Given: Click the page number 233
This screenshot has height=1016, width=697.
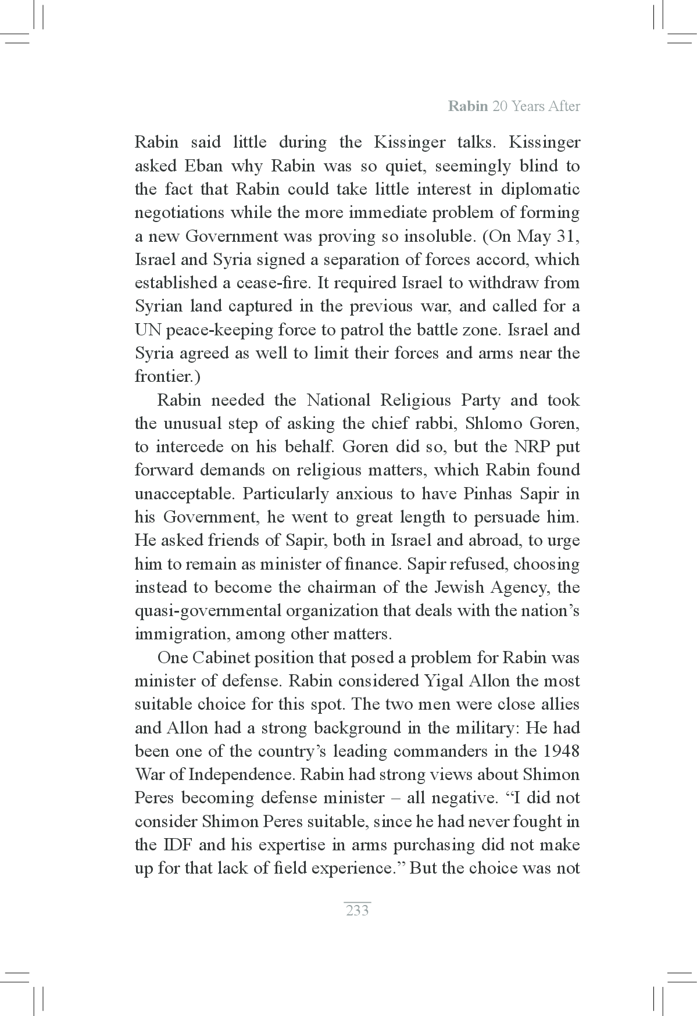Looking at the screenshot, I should (x=357, y=910).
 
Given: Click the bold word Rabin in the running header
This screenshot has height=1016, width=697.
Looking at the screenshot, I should (x=468, y=106).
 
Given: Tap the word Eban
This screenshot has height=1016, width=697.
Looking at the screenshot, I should (x=203, y=166).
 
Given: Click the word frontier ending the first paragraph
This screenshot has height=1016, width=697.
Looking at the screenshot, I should (x=165, y=377).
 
